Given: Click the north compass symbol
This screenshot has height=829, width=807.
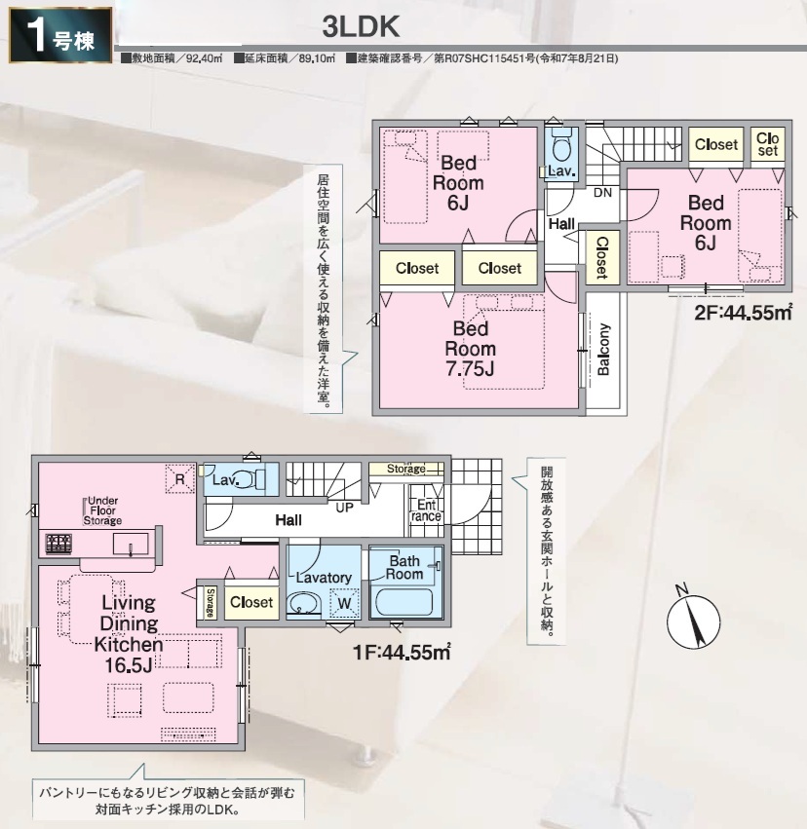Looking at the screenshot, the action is pos(693,621).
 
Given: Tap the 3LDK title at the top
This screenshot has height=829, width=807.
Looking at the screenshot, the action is pos(361,27).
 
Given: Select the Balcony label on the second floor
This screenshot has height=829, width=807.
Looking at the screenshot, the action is pos(603,350).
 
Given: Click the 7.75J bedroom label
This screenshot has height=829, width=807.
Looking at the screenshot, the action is pos(470,349).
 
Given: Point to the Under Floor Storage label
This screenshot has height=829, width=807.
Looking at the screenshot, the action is pos(102,510).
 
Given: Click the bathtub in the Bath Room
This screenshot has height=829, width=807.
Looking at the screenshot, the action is pos(404,602).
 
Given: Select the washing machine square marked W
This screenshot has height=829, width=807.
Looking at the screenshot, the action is pos(344,602).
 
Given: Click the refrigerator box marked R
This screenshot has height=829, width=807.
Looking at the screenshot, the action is pos(179,479).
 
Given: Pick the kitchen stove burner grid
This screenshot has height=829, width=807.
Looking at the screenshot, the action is pos(58,544).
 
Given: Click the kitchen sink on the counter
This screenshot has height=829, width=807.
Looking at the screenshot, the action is pos(131,544).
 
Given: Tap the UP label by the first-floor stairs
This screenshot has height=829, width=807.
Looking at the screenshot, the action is pos(344,508).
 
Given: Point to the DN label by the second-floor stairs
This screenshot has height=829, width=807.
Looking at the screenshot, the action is pos(602,193).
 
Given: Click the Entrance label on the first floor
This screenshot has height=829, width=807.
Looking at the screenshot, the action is pos(426,510).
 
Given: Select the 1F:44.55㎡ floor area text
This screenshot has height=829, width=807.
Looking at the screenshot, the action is pos(402,653).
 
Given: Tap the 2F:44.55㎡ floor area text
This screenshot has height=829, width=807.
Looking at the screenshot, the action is pos(743,313).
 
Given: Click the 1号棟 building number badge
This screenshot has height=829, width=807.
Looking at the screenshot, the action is pos(60,35).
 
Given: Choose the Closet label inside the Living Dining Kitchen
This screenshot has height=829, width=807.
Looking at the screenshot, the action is pos(251,602).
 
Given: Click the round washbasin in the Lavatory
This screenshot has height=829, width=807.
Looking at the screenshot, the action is pos(303,604).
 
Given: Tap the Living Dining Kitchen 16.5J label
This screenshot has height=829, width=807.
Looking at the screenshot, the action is pos(129,633).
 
